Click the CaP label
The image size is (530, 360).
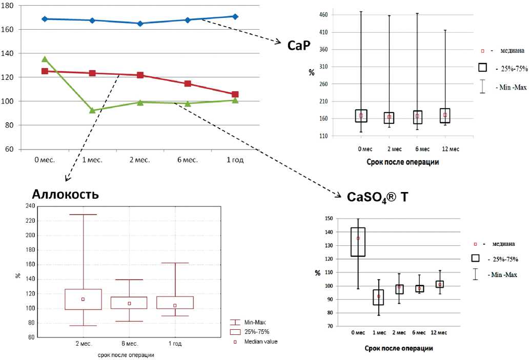(x=299, y=46)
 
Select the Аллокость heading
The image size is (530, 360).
(x=65, y=194)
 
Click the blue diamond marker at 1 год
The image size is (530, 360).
(x=235, y=16)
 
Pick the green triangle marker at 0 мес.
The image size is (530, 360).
(x=45, y=59)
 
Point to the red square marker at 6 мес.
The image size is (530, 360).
(x=188, y=83)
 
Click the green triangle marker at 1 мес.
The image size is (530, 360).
(x=92, y=110)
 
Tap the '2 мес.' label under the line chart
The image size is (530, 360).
(x=140, y=160)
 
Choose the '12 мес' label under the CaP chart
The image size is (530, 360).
(x=451, y=149)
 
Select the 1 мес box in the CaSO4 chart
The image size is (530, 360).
(x=378, y=297)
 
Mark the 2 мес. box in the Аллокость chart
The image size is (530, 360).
(x=83, y=300)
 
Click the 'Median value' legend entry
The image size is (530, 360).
(x=261, y=341)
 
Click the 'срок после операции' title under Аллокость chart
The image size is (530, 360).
(x=126, y=354)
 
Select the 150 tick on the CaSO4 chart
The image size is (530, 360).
(x=329, y=219)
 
